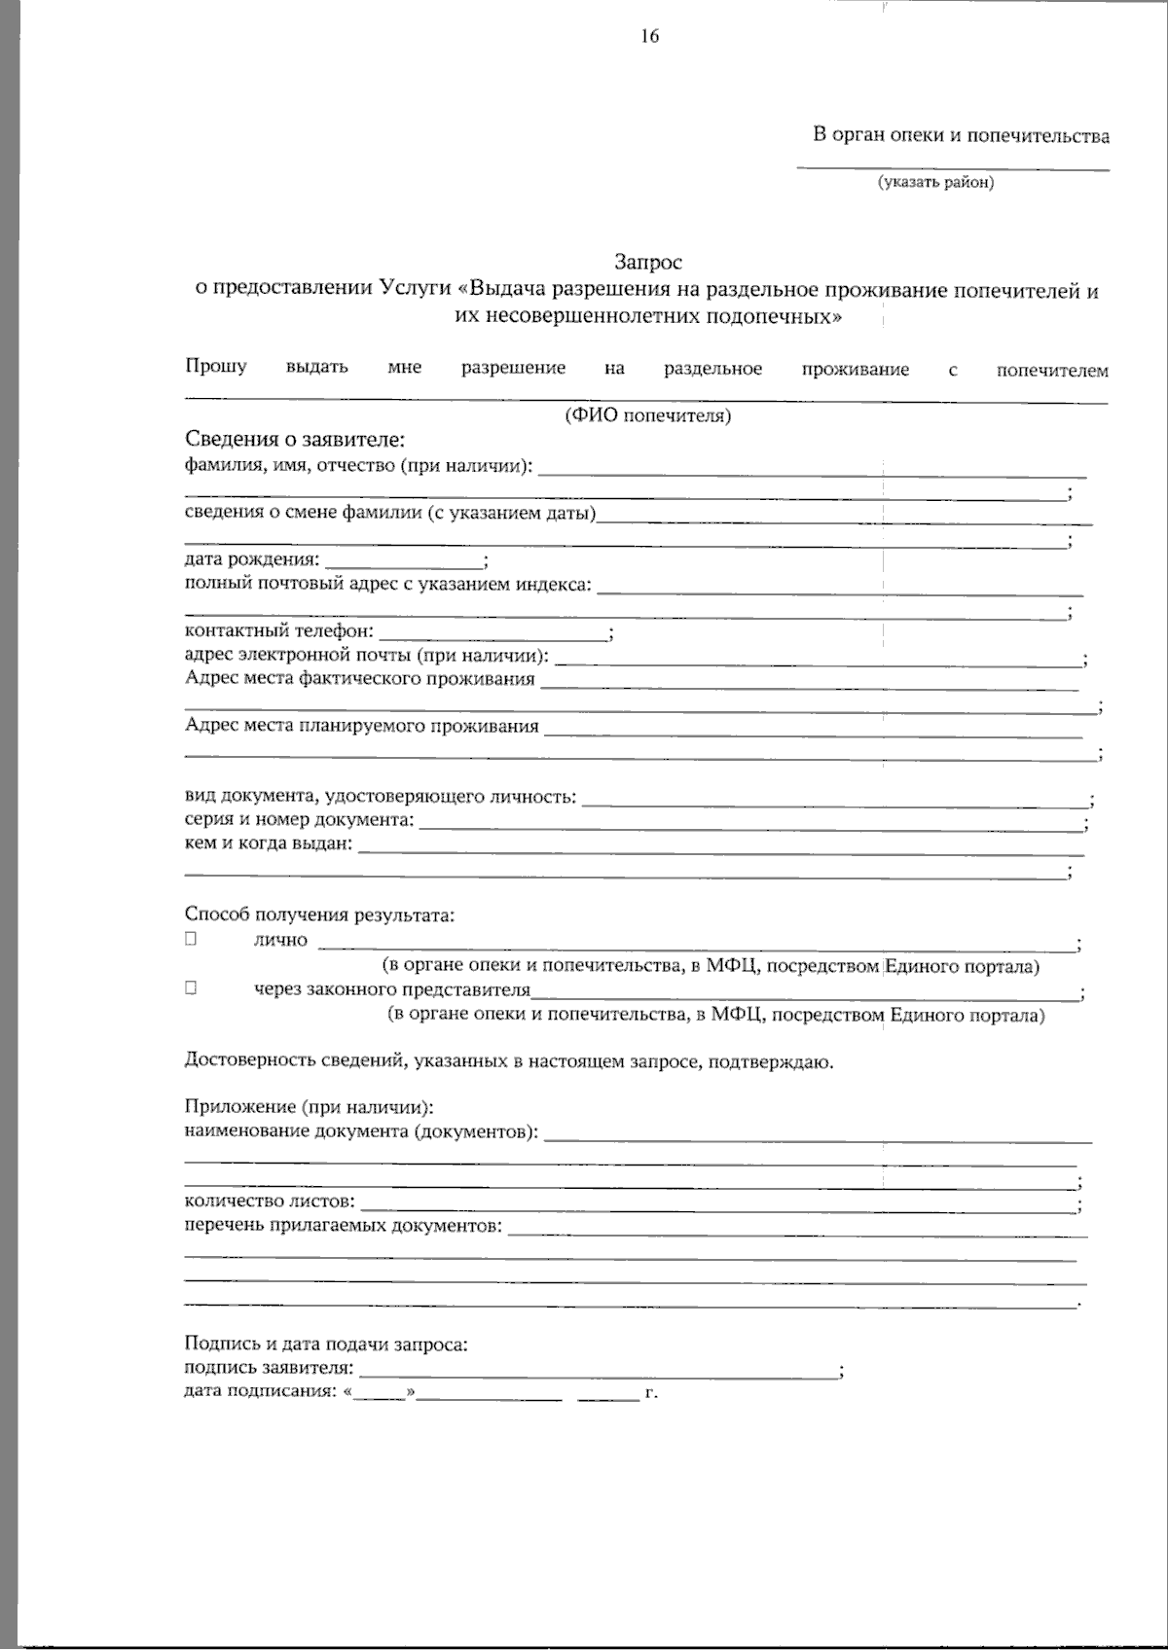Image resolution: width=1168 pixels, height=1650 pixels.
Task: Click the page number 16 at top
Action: (650, 37)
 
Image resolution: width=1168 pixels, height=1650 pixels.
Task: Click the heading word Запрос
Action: (647, 262)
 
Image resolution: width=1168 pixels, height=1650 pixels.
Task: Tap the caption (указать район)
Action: (935, 182)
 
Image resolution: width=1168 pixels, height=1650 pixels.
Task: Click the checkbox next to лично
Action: (191, 939)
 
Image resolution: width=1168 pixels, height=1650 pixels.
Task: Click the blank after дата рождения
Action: (404, 560)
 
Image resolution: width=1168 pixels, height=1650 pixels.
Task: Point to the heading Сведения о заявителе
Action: (294, 440)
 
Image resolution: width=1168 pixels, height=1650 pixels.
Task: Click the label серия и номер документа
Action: (299, 820)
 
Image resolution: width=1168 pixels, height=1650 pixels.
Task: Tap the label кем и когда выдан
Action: (268, 843)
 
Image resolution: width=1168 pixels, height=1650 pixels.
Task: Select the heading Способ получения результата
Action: (319, 915)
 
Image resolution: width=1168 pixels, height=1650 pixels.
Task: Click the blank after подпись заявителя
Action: (598, 1370)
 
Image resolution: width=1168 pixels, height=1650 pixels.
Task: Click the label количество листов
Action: (269, 1202)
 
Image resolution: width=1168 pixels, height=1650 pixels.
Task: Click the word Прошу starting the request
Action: (216, 367)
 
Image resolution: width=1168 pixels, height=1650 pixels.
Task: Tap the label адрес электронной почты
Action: (366, 656)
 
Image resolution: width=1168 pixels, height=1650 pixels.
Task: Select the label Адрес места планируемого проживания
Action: (361, 726)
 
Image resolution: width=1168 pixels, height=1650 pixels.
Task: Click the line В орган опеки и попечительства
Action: (961, 135)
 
